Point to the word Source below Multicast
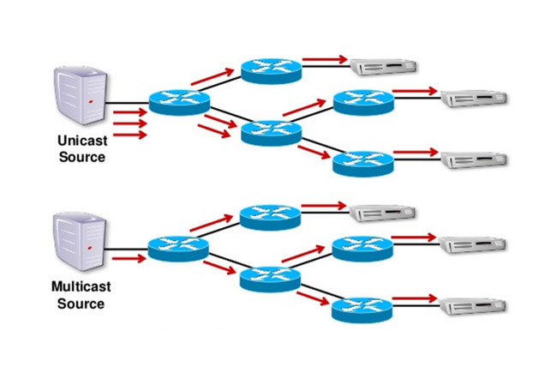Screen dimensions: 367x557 81,304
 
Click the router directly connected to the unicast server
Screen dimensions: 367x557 179,101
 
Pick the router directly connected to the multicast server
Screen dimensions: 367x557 178,249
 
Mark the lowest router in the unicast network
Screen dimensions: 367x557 362,162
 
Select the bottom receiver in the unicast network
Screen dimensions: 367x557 474,159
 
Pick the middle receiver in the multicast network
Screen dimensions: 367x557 474,245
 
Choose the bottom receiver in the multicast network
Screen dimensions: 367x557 474,306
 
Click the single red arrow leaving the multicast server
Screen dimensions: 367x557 125,256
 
